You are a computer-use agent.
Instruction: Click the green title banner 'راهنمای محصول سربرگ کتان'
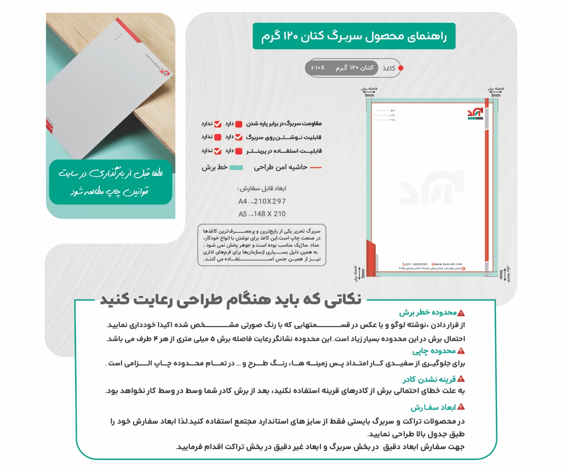pos(354,36)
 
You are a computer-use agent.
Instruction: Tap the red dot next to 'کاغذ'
pos(401,68)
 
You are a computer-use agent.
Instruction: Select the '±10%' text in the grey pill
pos(318,68)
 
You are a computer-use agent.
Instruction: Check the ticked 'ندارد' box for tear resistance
pos(218,124)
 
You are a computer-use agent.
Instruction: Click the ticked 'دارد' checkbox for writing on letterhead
pos(239,137)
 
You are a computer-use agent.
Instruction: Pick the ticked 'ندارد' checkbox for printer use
pos(218,151)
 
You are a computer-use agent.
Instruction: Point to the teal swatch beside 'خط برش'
pos(236,168)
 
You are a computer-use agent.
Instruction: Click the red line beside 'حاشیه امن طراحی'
pos(316,168)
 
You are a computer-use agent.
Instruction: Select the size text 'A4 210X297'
pos(262,201)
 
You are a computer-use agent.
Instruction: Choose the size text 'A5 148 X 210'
pos(262,213)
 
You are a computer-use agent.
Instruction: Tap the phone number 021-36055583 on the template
pos(417,263)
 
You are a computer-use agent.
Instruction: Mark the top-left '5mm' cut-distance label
pos(369,95)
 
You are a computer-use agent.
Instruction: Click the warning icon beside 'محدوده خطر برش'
pos(462,313)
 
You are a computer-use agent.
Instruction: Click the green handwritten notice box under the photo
pos(111,181)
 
